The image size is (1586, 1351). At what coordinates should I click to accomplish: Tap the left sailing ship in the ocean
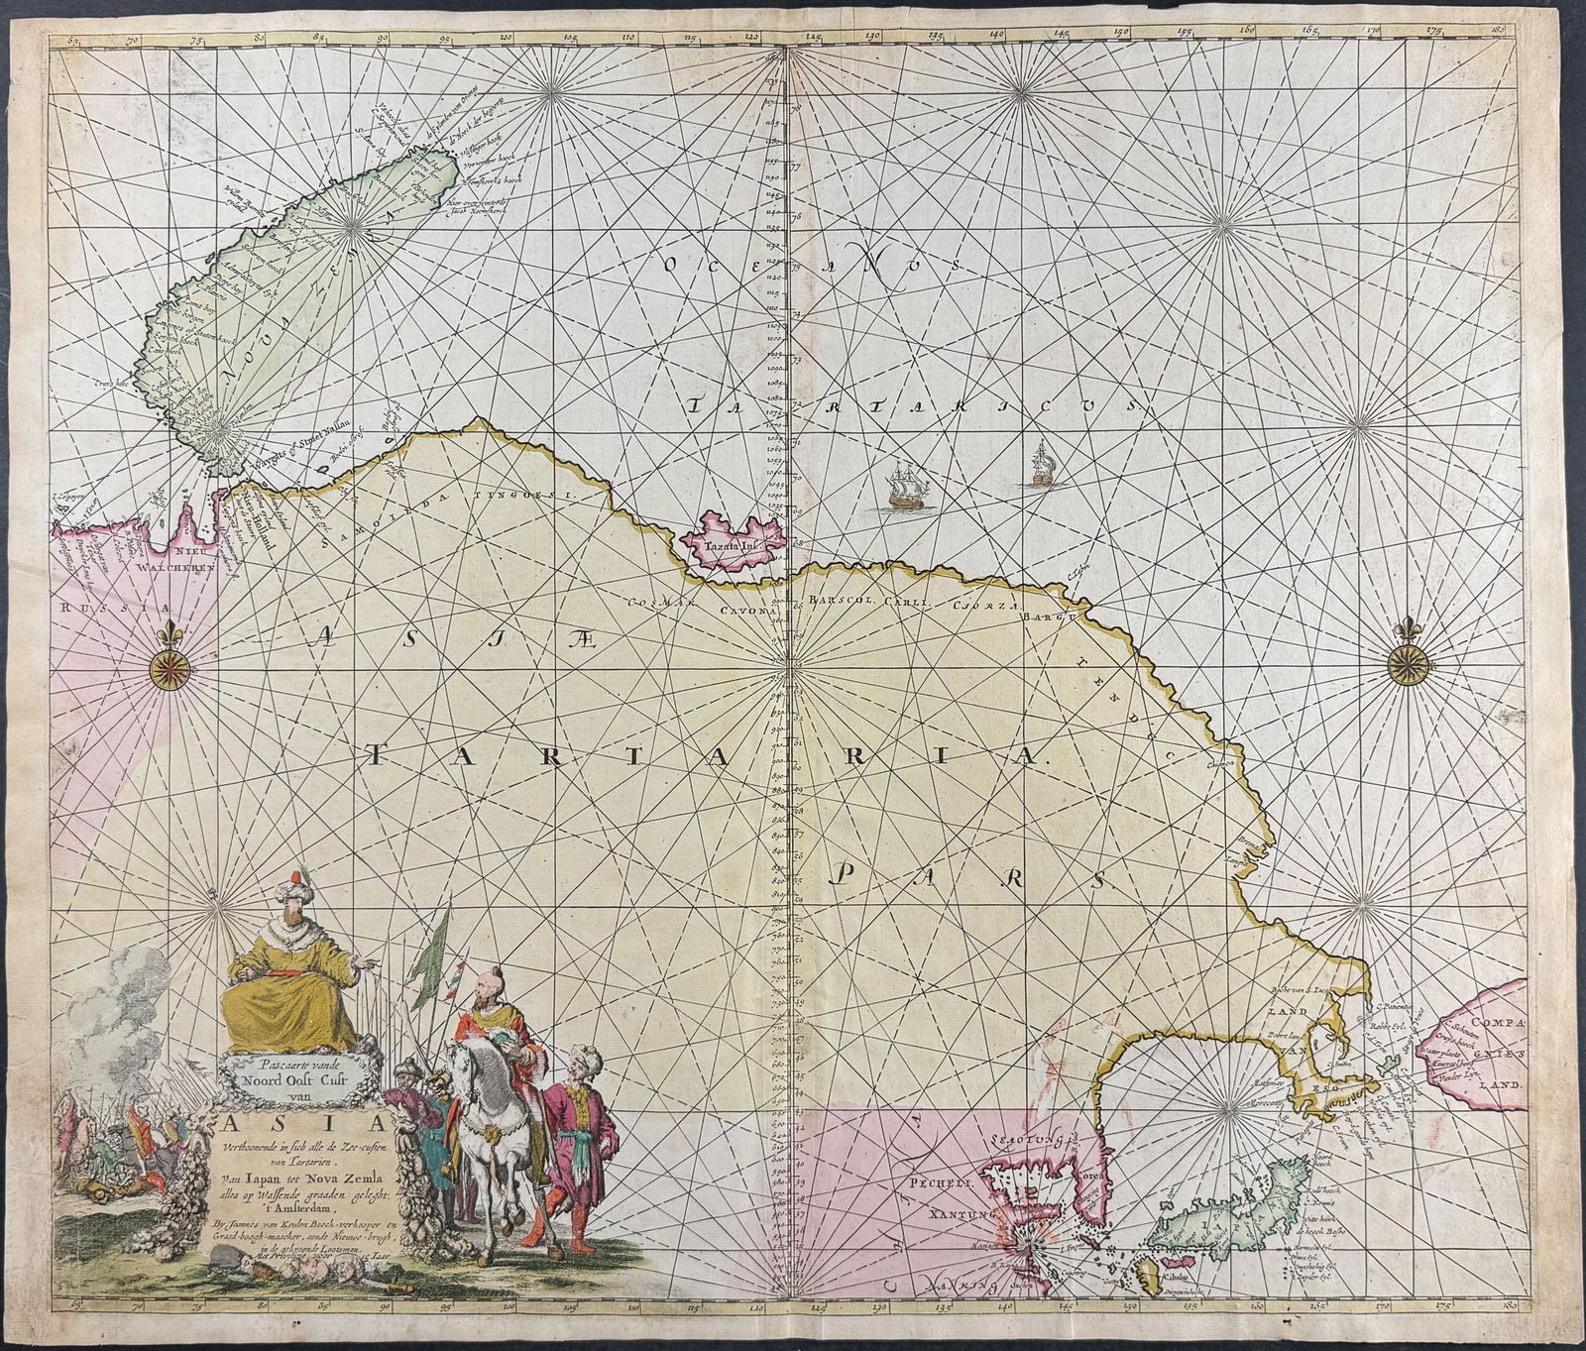tap(900, 488)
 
